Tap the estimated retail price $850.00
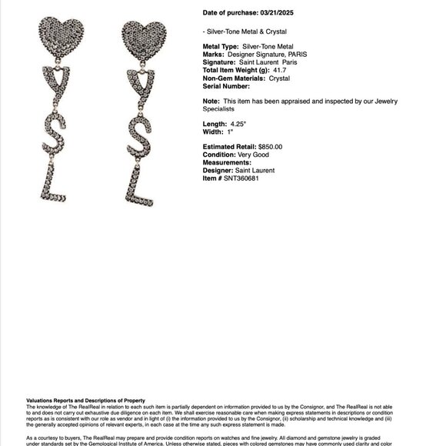coord(267,147)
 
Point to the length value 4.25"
coord(238,124)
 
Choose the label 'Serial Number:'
coord(225,86)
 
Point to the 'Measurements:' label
coord(227,162)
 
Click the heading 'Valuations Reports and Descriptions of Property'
coord(85,401)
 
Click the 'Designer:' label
coord(218,170)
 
